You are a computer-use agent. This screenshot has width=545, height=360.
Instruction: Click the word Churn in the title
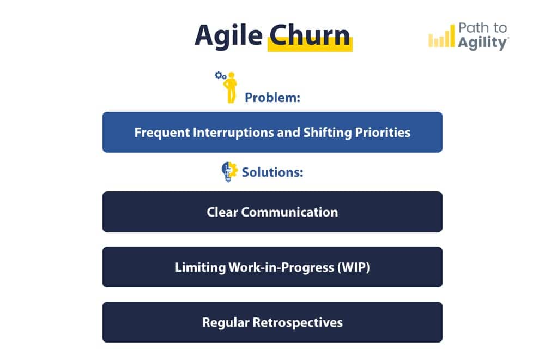pyautogui.click(x=310, y=35)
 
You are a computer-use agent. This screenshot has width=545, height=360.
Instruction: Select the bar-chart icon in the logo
pyautogui.click(x=441, y=38)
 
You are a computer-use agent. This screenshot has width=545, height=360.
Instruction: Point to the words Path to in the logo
pyautogui.click(x=482, y=28)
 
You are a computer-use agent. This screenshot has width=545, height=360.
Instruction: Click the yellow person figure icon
pyautogui.click(x=232, y=87)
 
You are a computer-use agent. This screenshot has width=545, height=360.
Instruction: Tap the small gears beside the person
pyautogui.click(x=220, y=76)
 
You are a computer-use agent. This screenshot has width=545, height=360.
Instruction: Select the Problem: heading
pyautogui.click(x=272, y=98)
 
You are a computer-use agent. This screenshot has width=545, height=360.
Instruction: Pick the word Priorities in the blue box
pyautogui.click(x=381, y=133)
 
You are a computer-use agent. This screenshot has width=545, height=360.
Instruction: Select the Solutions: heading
pyautogui.click(x=272, y=172)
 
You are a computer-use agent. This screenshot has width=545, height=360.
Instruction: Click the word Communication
pyautogui.click(x=289, y=212)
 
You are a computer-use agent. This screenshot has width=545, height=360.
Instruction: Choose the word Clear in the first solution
pyautogui.click(x=222, y=212)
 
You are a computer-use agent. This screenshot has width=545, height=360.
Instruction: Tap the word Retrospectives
pyautogui.click(x=298, y=322)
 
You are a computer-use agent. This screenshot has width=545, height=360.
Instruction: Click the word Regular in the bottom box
pyautogui.click(x=226, y=322)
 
